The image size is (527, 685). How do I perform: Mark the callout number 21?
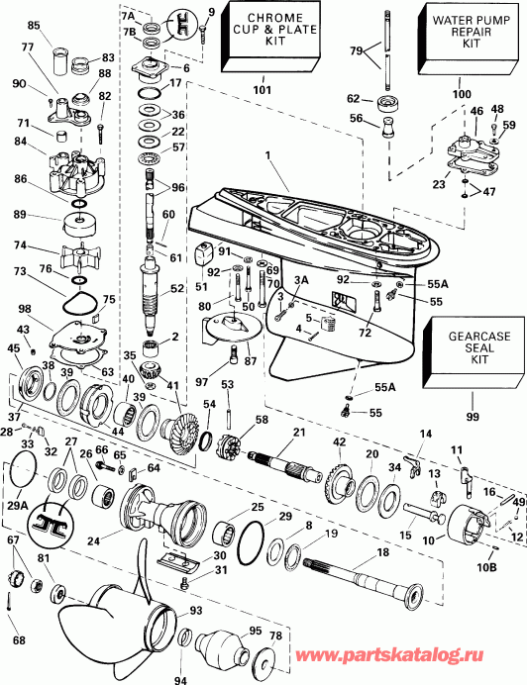click(298, 432)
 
